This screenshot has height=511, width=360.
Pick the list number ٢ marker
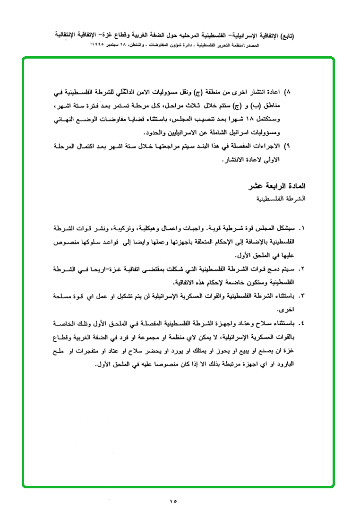click(302, 269)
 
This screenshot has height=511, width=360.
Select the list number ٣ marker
click(302, 296)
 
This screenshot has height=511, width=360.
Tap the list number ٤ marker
click(302, 323)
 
